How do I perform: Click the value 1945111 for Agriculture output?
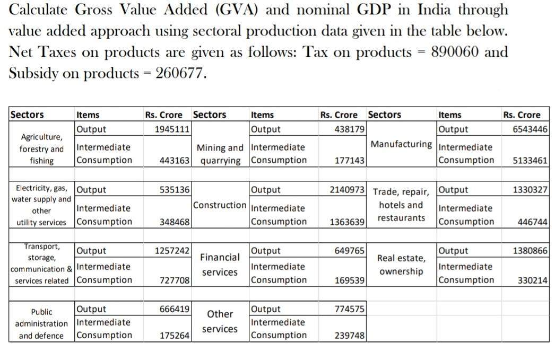tap(172, 129)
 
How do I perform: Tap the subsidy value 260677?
tap(179, 73)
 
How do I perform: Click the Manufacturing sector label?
tap(401, 144)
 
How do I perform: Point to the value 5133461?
tap(530, 160)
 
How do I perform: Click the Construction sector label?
tap(220, 205)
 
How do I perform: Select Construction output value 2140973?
tap(347, 190)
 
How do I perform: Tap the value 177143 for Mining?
tap(349, 160)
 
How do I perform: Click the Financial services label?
tap(220, 265)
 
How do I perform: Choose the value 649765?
tap(350, 251)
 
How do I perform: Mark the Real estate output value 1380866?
tap(530, 251)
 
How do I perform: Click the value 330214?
tap(532, 280)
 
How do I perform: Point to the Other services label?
tap(220, 321)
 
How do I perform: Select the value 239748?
tap(350, 335)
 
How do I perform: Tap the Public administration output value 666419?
tap(175, 309)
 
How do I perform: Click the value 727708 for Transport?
tap(175, 280)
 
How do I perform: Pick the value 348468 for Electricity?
tap(175, 222)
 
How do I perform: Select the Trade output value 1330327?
tap(530, 190)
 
